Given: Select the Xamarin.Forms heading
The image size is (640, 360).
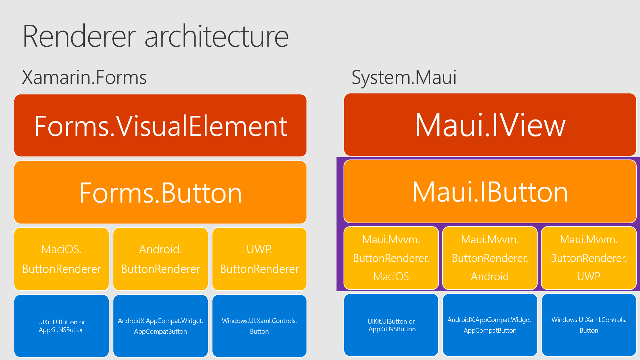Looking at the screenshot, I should point(84,77).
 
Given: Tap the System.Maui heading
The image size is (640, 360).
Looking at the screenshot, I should point(404,77).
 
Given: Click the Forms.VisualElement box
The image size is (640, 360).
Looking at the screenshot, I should point(160,126).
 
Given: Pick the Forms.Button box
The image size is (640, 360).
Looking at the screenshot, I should point(160,193).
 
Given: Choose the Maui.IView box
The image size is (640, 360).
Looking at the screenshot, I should point(490,125).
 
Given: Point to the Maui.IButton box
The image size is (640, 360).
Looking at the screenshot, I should point(490,192).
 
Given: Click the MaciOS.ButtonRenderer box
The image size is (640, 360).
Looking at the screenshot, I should point(62,259).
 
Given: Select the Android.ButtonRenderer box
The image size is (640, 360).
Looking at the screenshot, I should point(160,259).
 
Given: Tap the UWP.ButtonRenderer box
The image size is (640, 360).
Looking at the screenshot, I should point(259,259).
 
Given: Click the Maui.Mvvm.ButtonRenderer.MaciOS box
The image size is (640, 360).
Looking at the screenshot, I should point(391,258).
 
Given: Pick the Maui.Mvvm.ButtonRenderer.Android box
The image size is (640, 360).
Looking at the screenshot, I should point(490,258).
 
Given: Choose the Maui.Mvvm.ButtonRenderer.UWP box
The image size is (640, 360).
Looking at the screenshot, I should point(589,258).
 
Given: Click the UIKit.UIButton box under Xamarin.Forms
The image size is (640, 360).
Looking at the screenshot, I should point(62,326).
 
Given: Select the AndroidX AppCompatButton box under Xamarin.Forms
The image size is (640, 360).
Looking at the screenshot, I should point(160,326).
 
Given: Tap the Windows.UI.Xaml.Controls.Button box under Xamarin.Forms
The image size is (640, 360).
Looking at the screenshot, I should point(259,326).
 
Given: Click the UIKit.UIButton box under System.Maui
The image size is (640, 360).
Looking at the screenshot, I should point(391,325).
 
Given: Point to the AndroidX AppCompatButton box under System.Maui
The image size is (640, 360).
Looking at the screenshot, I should point(490,325).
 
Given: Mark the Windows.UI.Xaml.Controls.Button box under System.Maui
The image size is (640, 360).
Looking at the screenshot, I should point(589,325).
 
